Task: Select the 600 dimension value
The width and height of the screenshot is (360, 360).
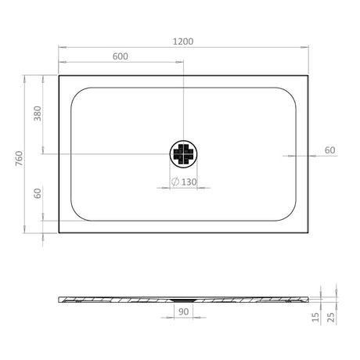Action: click(x=121, y=56)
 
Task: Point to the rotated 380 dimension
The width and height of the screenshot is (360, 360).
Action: click(x=37, y=114)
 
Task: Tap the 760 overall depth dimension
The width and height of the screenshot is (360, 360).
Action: click(x=18, y=157)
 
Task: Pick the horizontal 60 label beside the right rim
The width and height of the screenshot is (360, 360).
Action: click(x=329, y=149)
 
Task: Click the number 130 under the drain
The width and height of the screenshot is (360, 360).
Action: click(x=189, y=182)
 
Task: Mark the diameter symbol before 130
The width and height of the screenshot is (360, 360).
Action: click(x=176, y=182)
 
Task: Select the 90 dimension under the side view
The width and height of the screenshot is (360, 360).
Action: click(x=184, y=311)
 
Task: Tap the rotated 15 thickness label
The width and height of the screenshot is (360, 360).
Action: click(x=315, y=317)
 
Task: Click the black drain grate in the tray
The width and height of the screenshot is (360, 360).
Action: click(x=183, y=153)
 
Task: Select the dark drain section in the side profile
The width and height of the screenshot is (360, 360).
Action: click(x=183, y=298)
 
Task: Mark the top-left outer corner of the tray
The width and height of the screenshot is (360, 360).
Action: click(x=59, y=76)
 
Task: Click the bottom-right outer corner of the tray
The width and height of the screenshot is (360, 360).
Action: click(x=308, y=232)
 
